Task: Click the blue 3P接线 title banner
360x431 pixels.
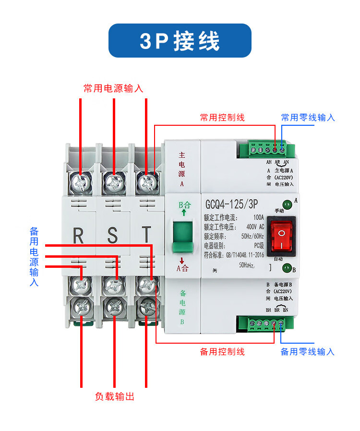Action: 180,41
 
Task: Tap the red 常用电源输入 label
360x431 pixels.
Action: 113,88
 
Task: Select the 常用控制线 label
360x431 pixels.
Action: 222,118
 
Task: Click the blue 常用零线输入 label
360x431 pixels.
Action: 308,118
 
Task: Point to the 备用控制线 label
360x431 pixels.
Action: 222,352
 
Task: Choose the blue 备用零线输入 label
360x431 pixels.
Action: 307,352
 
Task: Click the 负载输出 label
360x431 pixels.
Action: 115,397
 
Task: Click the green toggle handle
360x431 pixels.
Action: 183,237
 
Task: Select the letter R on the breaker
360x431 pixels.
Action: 78,236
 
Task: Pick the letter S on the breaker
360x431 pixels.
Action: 112,236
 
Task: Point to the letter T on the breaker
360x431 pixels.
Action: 146,236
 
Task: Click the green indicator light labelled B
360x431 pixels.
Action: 287,268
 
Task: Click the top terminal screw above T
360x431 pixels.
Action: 145,181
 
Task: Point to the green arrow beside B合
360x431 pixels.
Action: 183,212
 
